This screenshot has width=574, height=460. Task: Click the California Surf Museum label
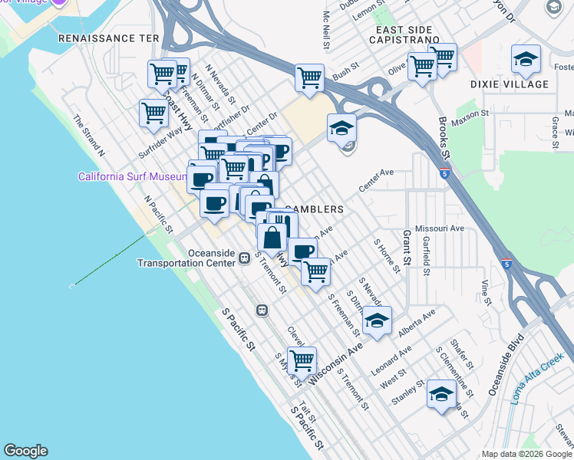point(132,176)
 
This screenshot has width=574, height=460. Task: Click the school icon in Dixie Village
point(526,59)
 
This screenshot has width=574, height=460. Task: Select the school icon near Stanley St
point(441,394)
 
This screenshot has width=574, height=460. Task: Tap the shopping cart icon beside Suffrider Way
point(153,113)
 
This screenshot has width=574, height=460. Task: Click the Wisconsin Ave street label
point(335,364)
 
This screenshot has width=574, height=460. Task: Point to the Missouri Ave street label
point(440,228)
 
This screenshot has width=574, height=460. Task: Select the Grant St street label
point(407,247)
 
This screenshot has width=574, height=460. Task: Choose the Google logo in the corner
point(25,451)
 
